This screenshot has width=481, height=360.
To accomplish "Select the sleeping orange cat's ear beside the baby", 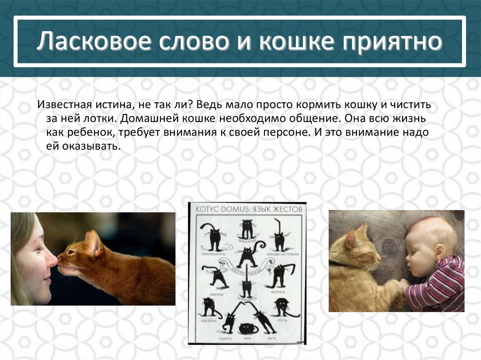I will [350, 239].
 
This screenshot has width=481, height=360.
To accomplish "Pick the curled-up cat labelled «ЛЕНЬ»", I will [248, 328].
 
